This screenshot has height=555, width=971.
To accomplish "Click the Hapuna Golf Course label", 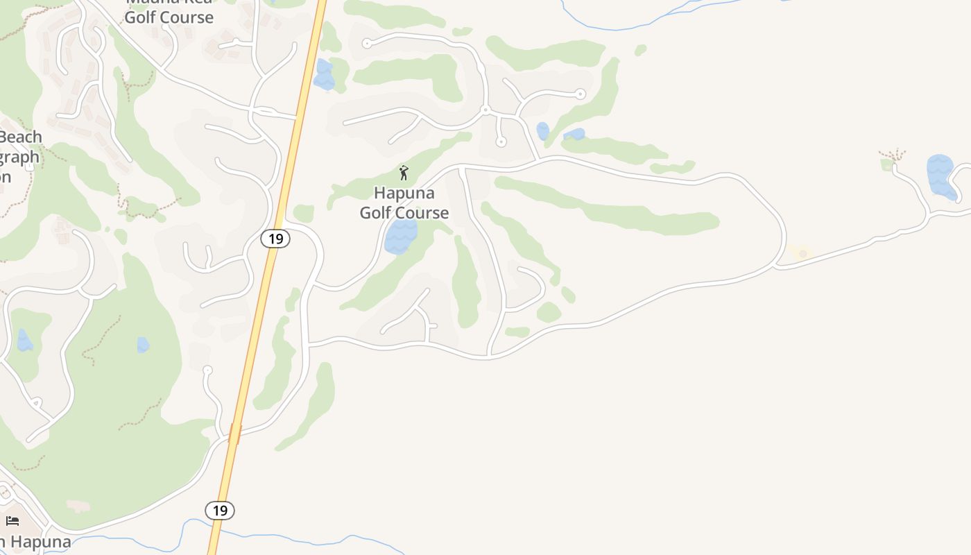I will tap(404, 203).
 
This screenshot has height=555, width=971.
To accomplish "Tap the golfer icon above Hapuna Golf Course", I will tap(404, 173).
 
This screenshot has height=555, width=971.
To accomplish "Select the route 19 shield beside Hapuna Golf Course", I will tap(275, 239).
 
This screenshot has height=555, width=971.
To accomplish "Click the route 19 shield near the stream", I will tap(220, 511).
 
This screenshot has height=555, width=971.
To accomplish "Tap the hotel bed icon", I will tap(12, 521).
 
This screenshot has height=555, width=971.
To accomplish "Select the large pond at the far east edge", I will tap(940, 176).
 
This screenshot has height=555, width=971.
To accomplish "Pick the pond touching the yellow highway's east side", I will tap(323, 75).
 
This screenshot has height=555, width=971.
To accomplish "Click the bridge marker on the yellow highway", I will tap(234, 434).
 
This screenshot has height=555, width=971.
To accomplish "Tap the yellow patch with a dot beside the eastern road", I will tap(802, 254).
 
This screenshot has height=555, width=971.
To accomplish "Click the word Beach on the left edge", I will tap(21, 137).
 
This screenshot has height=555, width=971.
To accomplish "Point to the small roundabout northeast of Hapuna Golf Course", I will tap(486, 110).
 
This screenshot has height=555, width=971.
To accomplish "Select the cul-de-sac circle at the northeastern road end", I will tap(581, 94).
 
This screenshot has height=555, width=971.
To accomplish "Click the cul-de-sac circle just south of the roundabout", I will tap(501, 142).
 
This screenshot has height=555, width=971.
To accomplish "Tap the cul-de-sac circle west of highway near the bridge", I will tap(207, 370).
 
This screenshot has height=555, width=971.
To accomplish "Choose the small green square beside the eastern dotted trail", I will tap(886, 165).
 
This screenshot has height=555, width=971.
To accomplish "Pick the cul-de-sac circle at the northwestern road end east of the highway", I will tap(366, 44).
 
